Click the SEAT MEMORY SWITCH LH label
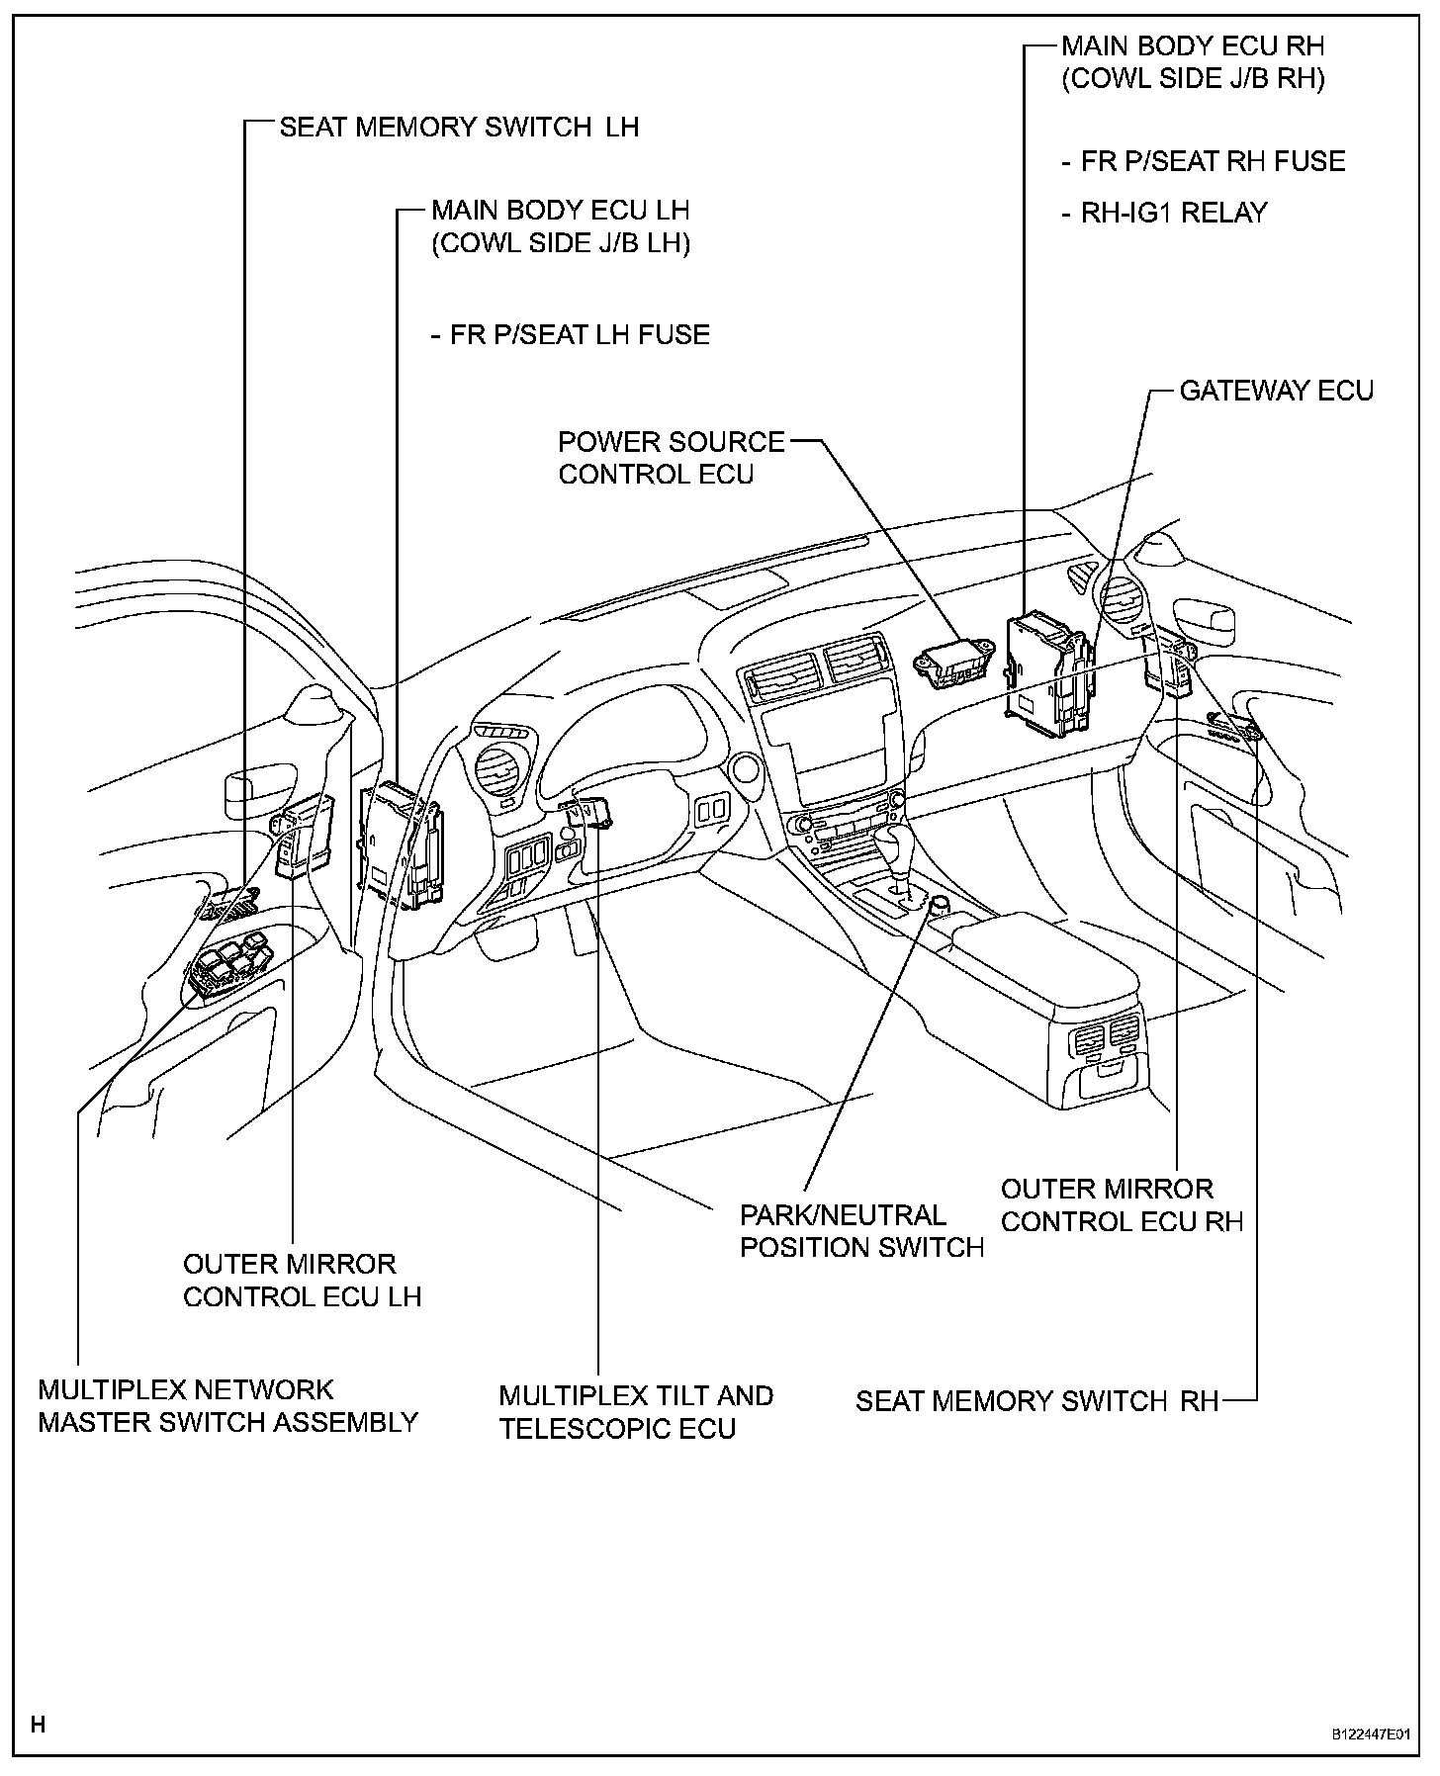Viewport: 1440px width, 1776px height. (459, 128)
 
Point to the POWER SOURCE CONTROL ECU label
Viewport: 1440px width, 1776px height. (671, 458)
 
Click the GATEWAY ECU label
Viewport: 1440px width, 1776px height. (1276, 392)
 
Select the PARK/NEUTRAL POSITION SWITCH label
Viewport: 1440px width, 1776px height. (861, 1231)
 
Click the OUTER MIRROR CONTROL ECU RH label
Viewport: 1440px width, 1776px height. (1122, 1205)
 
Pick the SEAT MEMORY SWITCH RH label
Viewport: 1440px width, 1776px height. (1036, 1401)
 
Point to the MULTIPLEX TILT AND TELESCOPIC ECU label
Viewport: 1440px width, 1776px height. (636, 1413)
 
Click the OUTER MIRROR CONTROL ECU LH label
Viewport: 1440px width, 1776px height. (302, 1281)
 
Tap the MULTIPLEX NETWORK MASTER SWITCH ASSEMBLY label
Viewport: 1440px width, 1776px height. (227, 1406)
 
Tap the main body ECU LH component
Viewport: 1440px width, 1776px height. (403, 844)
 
